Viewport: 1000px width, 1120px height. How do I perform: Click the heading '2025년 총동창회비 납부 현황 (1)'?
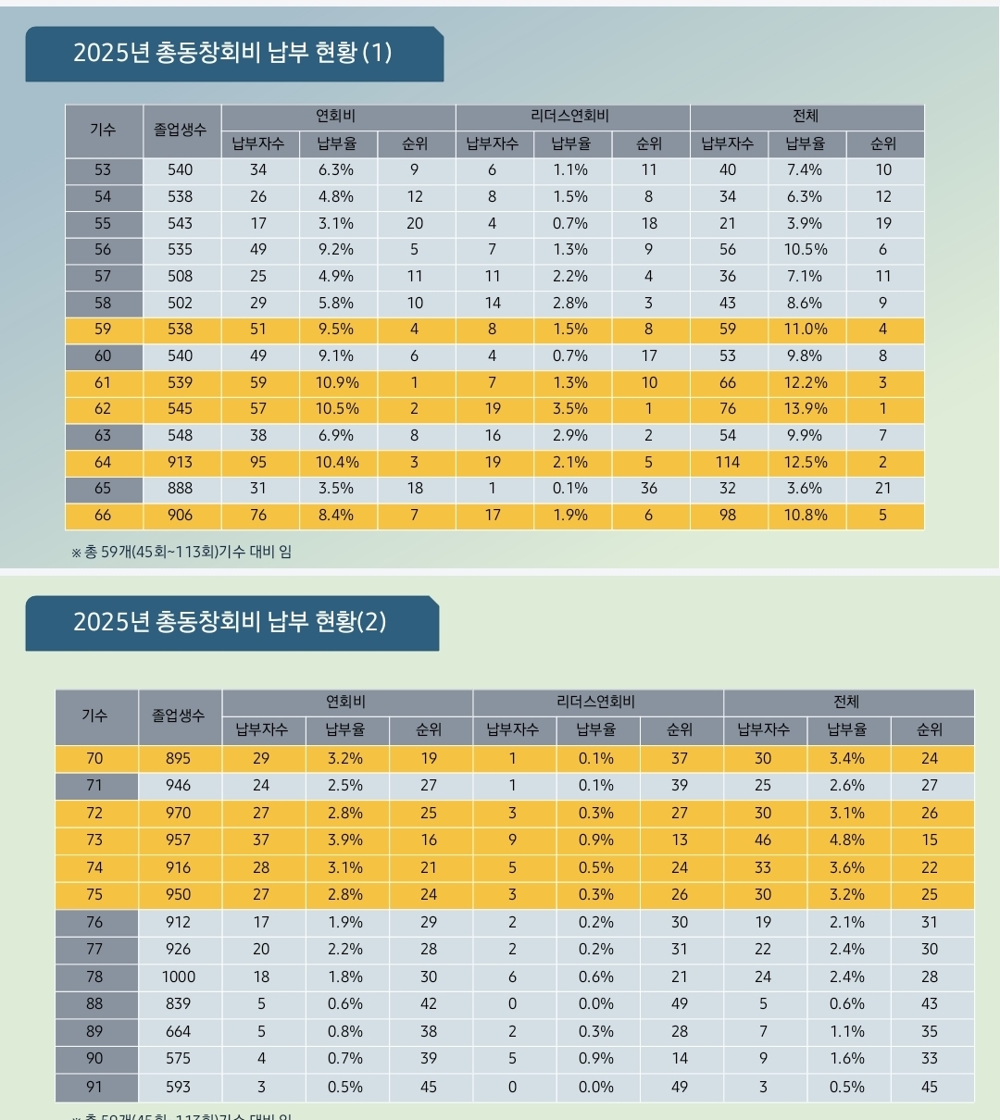(232, 53)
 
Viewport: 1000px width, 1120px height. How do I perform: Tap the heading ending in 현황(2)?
(230, 622)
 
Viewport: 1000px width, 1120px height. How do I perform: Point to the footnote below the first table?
(181, 552)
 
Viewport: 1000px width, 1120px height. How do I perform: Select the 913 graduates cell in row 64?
(181, 462)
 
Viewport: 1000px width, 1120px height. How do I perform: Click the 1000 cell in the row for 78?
(179, 977)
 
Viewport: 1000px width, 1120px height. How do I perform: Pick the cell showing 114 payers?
(728, 462)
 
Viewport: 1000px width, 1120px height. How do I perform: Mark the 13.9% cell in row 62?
(805, 408)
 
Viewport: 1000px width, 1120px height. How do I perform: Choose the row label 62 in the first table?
(103, 408)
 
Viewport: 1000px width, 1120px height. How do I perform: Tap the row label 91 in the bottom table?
(94, 1087)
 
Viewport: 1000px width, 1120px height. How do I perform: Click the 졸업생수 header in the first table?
(181, 130)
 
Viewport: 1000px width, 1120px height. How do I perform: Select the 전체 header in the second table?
(846, 703)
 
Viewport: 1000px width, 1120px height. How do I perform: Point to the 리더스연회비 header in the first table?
(571, 117)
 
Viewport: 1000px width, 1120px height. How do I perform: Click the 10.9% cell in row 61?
(337, 382)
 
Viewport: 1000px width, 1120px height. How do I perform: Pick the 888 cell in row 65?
(181, 488)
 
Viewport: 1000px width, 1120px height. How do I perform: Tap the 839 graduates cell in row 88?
(179, 1003)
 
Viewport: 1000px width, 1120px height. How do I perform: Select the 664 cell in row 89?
(179, 1031)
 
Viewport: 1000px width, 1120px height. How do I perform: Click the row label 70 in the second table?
(94, 758)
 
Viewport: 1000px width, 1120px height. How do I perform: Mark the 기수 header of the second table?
(94, 716)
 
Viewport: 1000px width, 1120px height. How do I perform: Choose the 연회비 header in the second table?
(346, 703)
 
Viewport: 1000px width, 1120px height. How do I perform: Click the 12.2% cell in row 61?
(805, 382)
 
